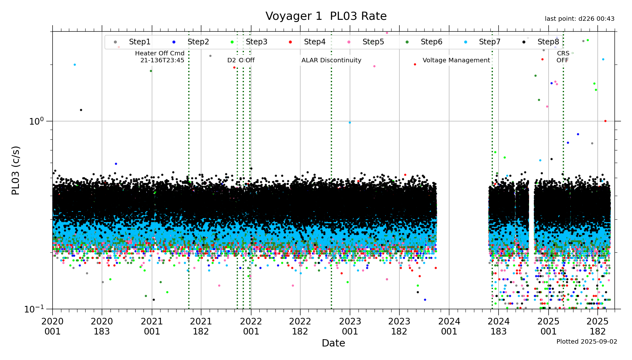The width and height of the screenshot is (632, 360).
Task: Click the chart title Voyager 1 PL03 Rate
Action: (x=326, y=16)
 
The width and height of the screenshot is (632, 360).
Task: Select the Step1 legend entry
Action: (x=139, y=42)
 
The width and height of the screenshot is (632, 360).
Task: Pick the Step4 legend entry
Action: (x=314, y=42)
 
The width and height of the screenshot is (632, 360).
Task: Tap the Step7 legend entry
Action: (x=489, y=42)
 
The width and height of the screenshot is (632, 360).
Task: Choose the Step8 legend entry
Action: (x=548, y=42)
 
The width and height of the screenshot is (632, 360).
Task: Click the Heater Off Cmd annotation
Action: (x=160, y=57)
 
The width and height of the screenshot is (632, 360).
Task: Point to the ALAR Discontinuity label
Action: (x=331, y=60)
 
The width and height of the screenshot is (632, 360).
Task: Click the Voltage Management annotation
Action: (x=456, y=60)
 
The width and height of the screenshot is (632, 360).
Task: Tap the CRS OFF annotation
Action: (x=563, y=57)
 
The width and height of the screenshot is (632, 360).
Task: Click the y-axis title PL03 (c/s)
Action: (x=15, y=170)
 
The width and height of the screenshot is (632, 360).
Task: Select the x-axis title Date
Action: (x=333, y=343)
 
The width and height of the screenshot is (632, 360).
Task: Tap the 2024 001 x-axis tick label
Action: (x=449, y=326)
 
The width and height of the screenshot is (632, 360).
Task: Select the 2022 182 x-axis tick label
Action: (x=300, y=326)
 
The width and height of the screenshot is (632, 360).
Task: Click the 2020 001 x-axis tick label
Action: (x=53, y=326)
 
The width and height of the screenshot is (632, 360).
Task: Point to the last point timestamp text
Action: (x=579, y=19)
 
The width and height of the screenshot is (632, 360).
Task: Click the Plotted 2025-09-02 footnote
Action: (x=587, y=341)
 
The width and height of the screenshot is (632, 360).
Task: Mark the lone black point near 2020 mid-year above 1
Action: (x=81, y=110)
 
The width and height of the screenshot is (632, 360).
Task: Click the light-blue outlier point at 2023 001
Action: (x=350, y=122)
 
